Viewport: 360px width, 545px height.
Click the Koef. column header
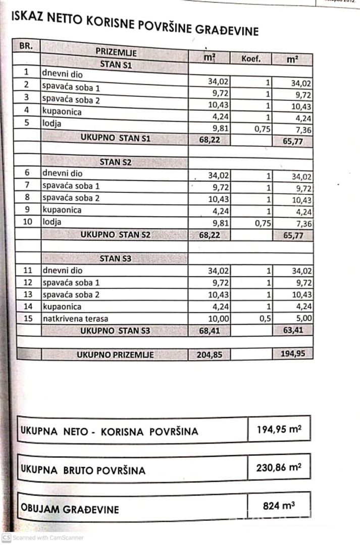tap(251, 59)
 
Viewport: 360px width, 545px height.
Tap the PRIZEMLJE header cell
tap(116, 52)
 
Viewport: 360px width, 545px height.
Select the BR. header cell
tap(26, 45)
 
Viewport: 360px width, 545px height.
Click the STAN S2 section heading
tap(117, 162)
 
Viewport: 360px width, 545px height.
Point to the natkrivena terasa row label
tap(75, 318)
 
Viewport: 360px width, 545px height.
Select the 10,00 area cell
tap(219, 318)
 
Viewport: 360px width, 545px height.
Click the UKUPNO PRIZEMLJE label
tap(115, 354)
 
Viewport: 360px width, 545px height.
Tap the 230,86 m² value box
tap(279, 467)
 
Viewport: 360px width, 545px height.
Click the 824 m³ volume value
tap(279, 505)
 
